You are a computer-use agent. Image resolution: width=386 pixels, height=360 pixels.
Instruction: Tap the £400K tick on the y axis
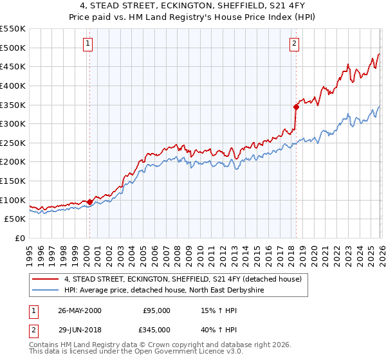click(13, 85)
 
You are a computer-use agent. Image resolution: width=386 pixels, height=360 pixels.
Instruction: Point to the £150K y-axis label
click(13, 181)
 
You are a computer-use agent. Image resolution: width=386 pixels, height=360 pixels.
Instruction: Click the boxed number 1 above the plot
click(88, 44)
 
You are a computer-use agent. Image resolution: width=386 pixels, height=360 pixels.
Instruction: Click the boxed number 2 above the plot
click(294, 44)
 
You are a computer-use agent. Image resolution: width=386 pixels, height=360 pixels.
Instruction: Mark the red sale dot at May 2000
click(90, 202)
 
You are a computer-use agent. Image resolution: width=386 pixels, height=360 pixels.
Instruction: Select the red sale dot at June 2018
click(296, 107)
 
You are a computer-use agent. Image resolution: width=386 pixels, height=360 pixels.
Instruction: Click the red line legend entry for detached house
click(187, 279)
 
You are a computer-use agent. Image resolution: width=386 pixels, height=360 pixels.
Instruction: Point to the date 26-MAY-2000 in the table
click(79, 310)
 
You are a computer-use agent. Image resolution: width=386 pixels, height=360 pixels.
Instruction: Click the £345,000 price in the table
click(157, 330)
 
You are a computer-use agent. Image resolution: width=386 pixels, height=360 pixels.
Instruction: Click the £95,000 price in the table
click(157, 310)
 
